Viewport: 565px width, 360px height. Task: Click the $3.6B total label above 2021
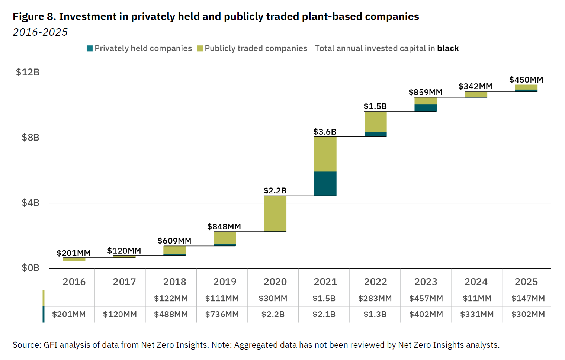[x=325, y=132]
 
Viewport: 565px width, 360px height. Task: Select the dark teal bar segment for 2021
[x=325, y=183]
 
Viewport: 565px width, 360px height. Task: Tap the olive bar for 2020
[x=275, y=213]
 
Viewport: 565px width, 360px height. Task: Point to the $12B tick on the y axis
[x=28, y=72]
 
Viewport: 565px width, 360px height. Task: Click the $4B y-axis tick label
[x=30, y=203]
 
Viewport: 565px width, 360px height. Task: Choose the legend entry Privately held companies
[x=139, y=48]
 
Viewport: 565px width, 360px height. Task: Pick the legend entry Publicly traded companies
[x=252, y=48]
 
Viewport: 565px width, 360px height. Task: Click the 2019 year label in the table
[x=225, y=282]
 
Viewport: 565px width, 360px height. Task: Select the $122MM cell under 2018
[x=171, y=298]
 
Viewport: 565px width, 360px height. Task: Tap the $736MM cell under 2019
[x=222, y=314]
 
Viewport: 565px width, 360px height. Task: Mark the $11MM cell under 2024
[x=477, y=298]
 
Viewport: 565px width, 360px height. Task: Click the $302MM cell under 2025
[x=528, y=314]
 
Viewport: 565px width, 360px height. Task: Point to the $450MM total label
[x=526, y=80]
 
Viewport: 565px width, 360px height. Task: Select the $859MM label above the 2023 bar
[x=425, y=92]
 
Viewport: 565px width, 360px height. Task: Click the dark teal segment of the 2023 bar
[x=426, y=107]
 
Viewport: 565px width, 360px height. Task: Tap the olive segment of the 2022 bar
[x=375, y=122]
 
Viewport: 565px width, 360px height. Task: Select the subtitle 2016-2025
[x=40, y=32]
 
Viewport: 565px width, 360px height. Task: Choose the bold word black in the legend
[x=448, y=48]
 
